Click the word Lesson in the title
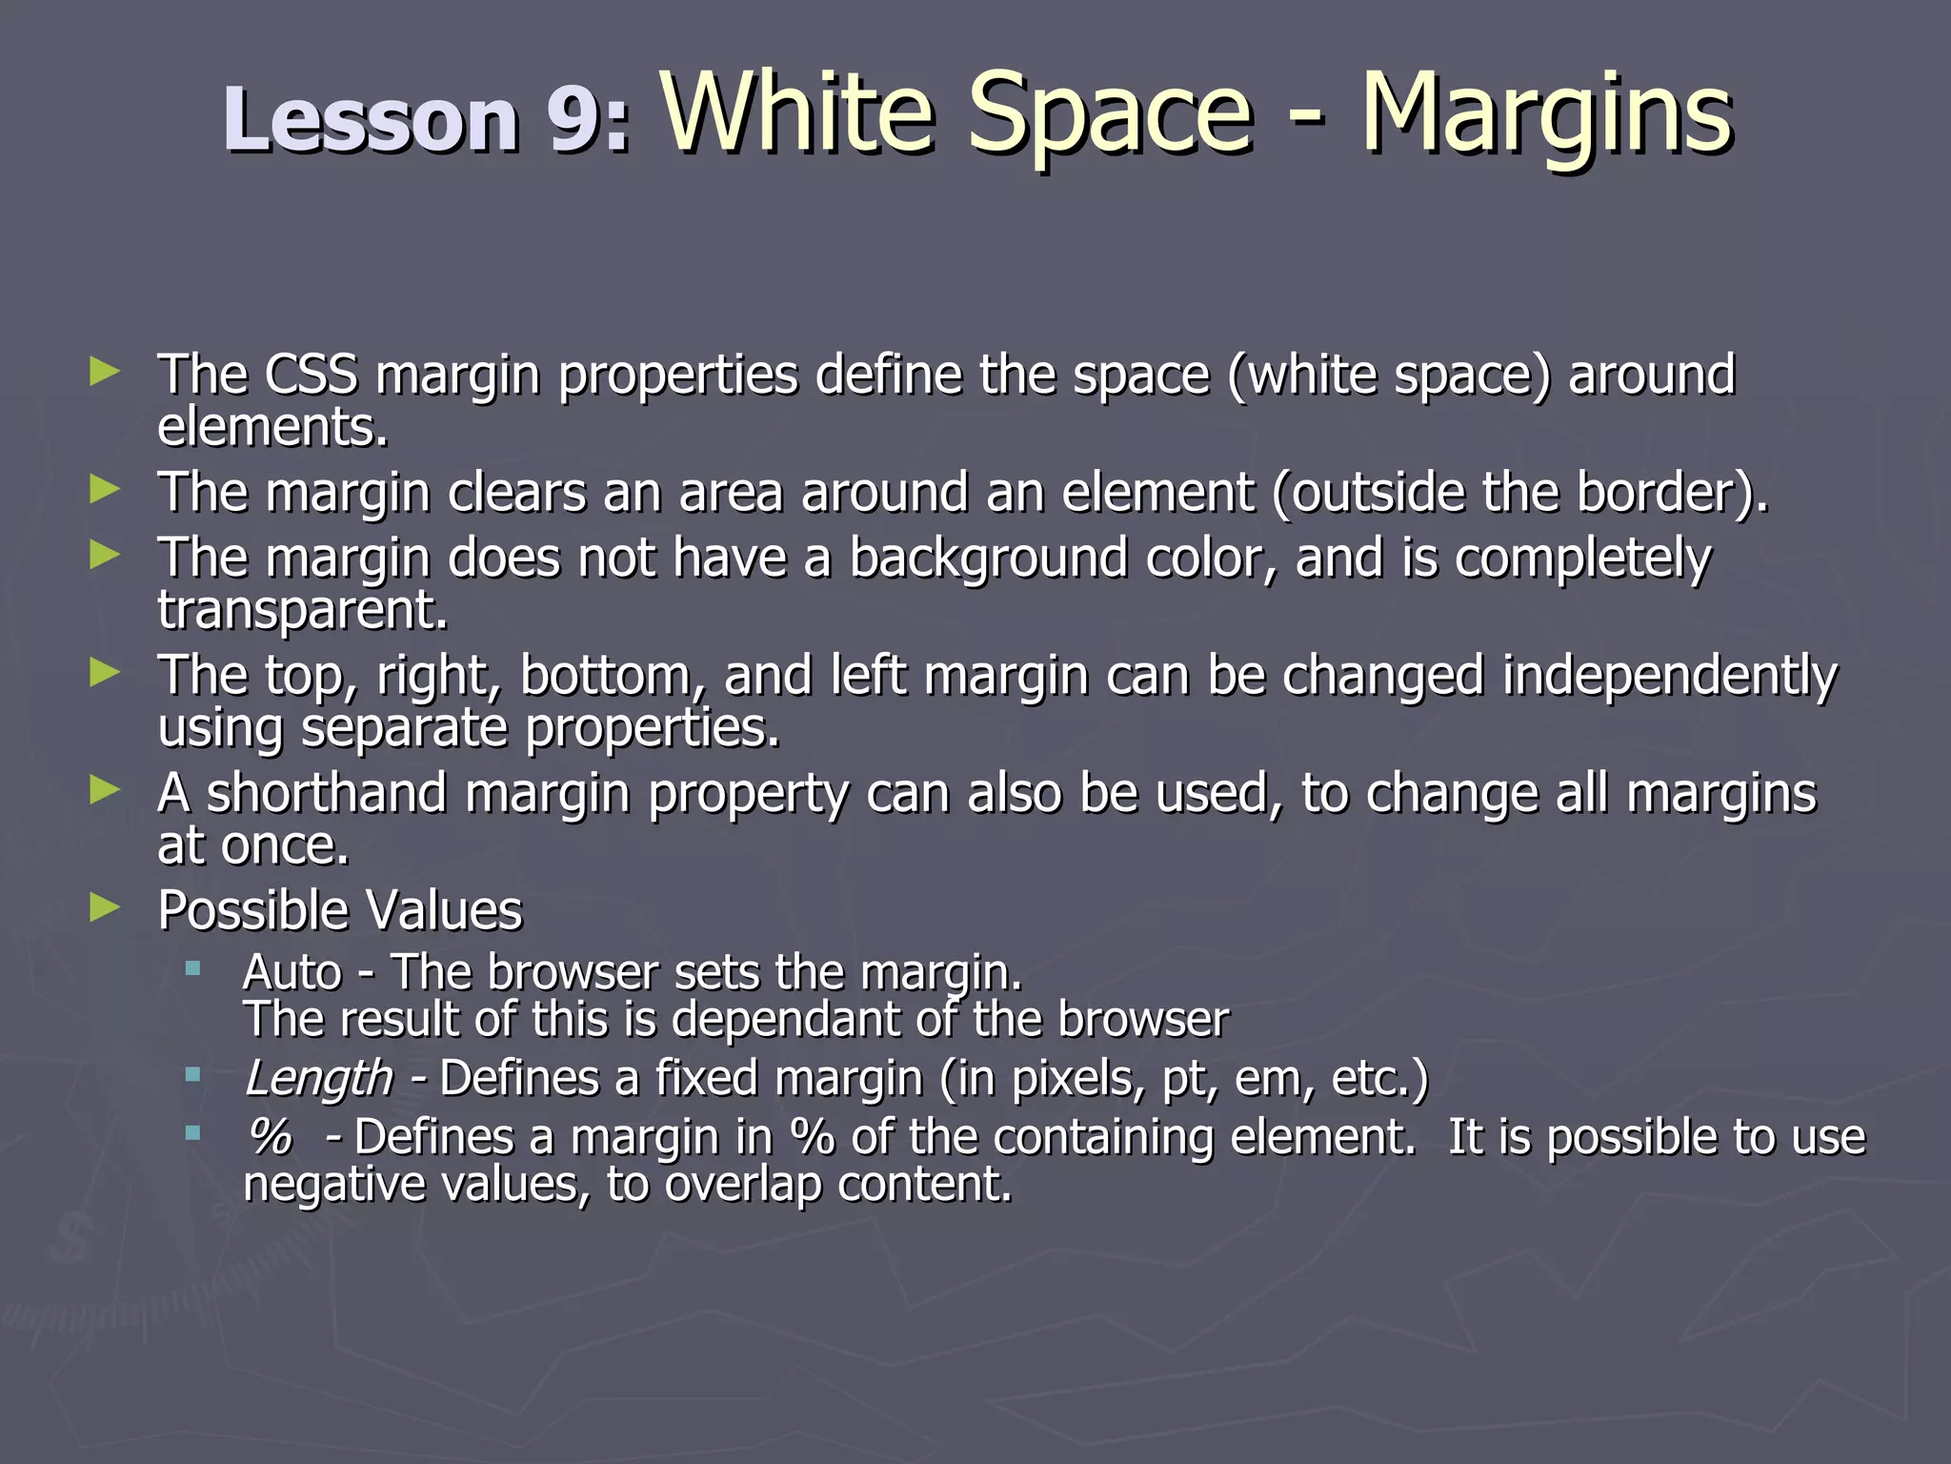[371, 120]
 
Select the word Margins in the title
[1545, 114]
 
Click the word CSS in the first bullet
[311, 375]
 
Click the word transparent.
[302, 610]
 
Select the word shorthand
[327, 793]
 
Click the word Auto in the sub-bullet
[292, 973]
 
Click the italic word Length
[318, 1079]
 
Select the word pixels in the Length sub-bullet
[1076, 1079]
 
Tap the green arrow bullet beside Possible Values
[104, 907]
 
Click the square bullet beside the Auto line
[193, 969]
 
